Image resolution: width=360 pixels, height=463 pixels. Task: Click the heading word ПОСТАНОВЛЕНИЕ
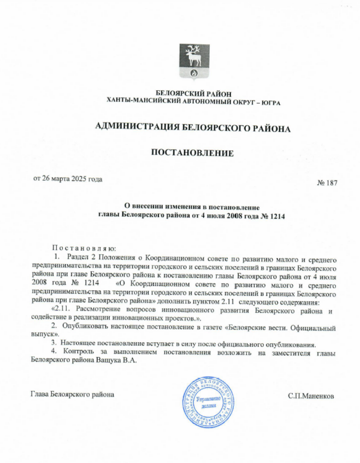(x=192, y=153)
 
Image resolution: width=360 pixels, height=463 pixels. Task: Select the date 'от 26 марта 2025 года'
(x=68, y=179)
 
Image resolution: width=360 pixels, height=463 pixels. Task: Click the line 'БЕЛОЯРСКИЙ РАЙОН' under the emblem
(x=193, y=94)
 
